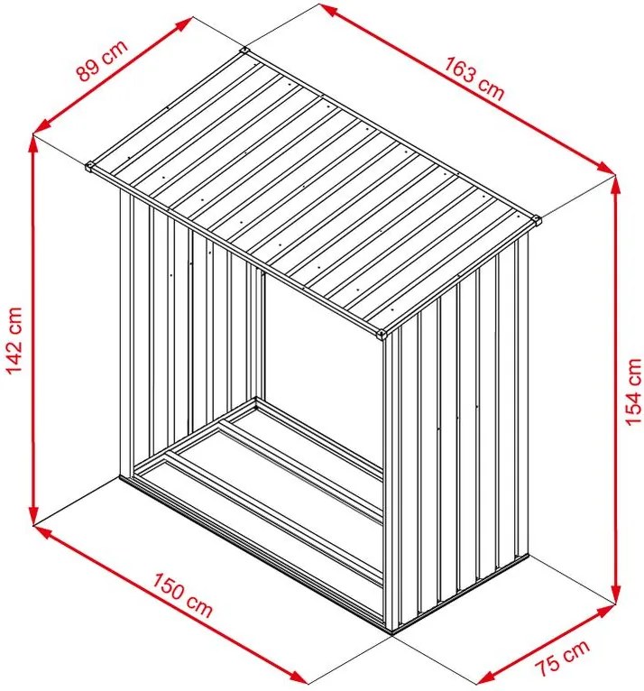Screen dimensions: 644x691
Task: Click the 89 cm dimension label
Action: [102, 60]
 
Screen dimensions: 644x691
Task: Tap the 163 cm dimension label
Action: [474, 78]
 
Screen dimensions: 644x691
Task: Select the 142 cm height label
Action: [14, 340]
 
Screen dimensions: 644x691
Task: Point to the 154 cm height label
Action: [633, 391]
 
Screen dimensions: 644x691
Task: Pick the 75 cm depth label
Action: [562, 656]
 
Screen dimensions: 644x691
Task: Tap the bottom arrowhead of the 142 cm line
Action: [33, 515]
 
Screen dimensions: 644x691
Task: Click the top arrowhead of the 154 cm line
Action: [616, 186]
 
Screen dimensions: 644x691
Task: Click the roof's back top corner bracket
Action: [244, 51]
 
